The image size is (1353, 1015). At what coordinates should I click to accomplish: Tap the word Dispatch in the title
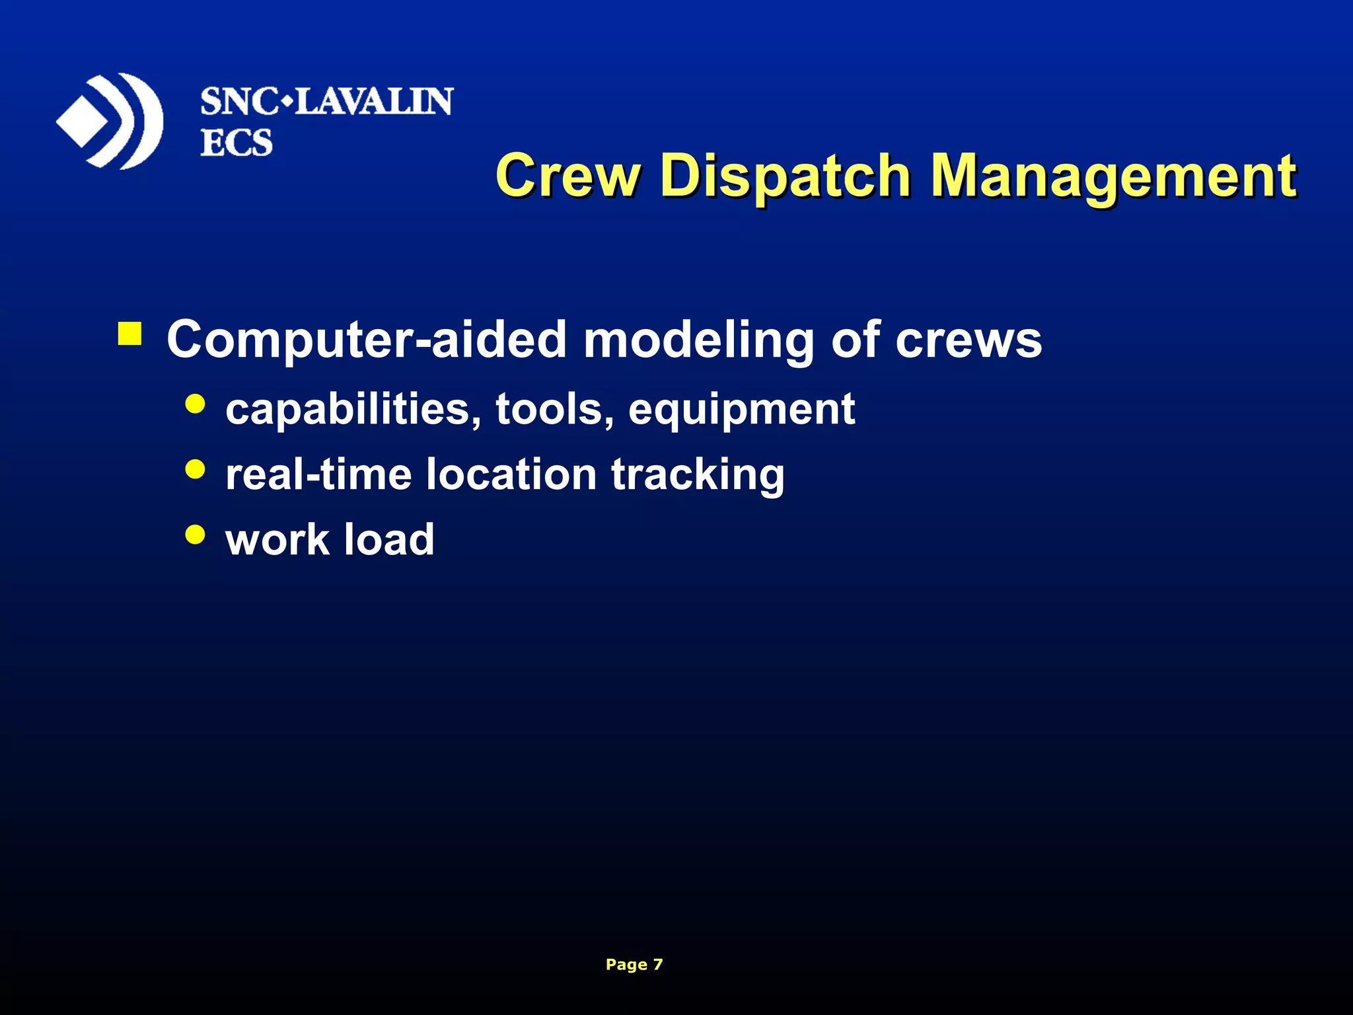click(x=786, y=176)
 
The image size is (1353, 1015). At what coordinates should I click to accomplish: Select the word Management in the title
click(x=1113, y=176)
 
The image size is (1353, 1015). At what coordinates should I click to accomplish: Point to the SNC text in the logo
click(x=239, y=102)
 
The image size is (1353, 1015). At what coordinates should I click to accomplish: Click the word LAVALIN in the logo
click(x=373, y=102)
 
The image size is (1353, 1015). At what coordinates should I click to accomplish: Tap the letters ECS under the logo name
click(x=237, y=143)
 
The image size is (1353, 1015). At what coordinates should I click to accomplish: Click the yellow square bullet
click(x=129, y=334)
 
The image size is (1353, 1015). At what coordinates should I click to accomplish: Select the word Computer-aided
click(x=366, y=340)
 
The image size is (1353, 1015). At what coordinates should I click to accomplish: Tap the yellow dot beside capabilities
click(x=196, y=404)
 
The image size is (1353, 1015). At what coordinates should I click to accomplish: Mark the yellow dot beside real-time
click(x=196, y=469)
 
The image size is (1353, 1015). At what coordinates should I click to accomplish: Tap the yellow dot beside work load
click(x=196, y=534)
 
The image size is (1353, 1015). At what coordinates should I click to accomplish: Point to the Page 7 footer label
click(x=634, y=965)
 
